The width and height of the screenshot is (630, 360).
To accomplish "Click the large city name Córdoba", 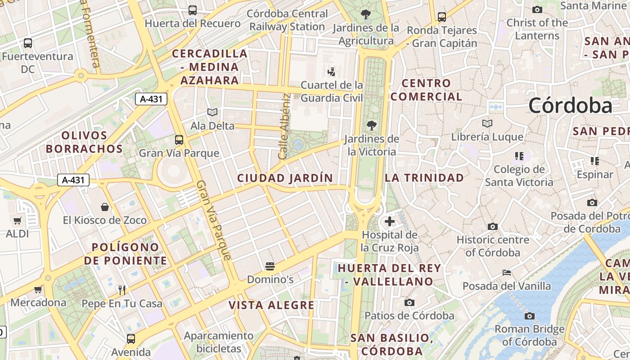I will tap(570, 106).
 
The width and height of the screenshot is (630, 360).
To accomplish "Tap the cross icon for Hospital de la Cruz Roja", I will tap(390, 221).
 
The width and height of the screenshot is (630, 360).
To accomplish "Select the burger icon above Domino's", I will tap(270, 266).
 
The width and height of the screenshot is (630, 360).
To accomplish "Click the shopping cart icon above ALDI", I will tap(18, 220).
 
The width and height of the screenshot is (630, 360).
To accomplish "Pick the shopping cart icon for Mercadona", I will tap(38, 289).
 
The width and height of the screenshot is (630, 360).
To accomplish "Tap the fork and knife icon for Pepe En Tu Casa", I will tap(121, 290).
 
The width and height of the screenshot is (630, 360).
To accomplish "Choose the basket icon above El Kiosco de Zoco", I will tap(105, 207).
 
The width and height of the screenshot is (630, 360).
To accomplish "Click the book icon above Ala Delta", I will tap(212, 112).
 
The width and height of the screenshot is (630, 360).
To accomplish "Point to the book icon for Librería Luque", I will tap(487, 123).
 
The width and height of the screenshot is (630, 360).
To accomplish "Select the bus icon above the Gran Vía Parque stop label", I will tap(179, 139).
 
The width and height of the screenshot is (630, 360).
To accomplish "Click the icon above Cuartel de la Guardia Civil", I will tap(332, 72).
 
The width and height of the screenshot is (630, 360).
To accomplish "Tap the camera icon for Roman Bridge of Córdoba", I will tap(530, 316).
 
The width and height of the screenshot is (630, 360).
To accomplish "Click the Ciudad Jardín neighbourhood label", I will tap(285, 178).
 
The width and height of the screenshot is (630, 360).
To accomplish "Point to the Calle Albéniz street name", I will tap(283, 126).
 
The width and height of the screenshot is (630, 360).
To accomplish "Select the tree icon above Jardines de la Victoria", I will tap(371, 125).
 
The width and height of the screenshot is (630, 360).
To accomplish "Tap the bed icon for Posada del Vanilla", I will tap(507, 273).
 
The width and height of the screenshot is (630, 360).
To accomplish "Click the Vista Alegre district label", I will tap(271, 305).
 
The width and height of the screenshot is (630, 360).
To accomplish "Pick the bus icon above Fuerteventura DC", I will tap(28, 43).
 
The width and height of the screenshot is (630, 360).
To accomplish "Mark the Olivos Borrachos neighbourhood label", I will tap(84, 142).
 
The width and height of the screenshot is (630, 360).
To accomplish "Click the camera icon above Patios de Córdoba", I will tap(409, 302).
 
